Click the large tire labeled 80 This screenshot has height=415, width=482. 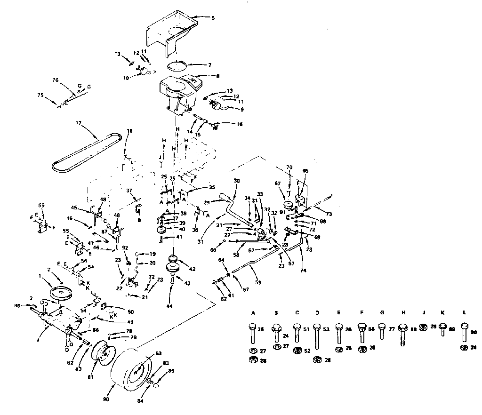point(134,372)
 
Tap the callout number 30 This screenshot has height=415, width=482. point(236,181)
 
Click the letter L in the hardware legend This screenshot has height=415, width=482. point(465,312)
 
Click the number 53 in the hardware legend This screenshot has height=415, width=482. point(326,329)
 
